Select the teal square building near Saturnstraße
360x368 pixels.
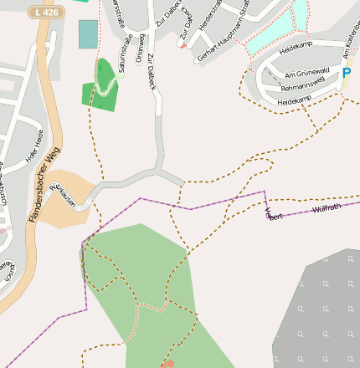click(88, 34)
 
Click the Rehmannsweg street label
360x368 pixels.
click(302, 86)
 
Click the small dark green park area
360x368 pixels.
click(102, 87)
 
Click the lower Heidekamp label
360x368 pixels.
click(294, 100)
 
